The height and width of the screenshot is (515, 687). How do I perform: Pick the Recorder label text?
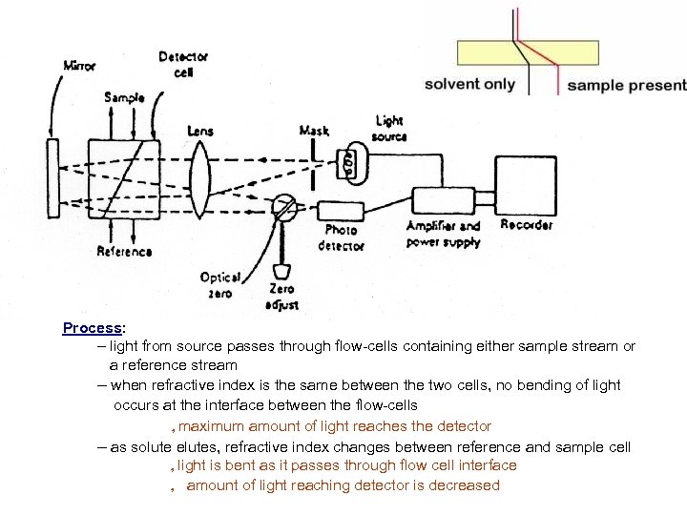pyautogui.click(x=526, y=226)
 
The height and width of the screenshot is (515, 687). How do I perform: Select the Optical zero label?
pyautogui.click(x=219, y=283)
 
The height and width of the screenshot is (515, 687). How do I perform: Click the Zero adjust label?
pyautogui.click(x=282, y=297)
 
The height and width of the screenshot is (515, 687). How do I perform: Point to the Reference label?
pyautogui.click(x=124, y=252)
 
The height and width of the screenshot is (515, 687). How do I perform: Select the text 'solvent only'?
pyautogui.click(x=469, y=83)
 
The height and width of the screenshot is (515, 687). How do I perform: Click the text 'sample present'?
pyautogui.click(x=626, y=85)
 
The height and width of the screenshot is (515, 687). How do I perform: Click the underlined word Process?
pyautogui.click(x=92, y=328)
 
